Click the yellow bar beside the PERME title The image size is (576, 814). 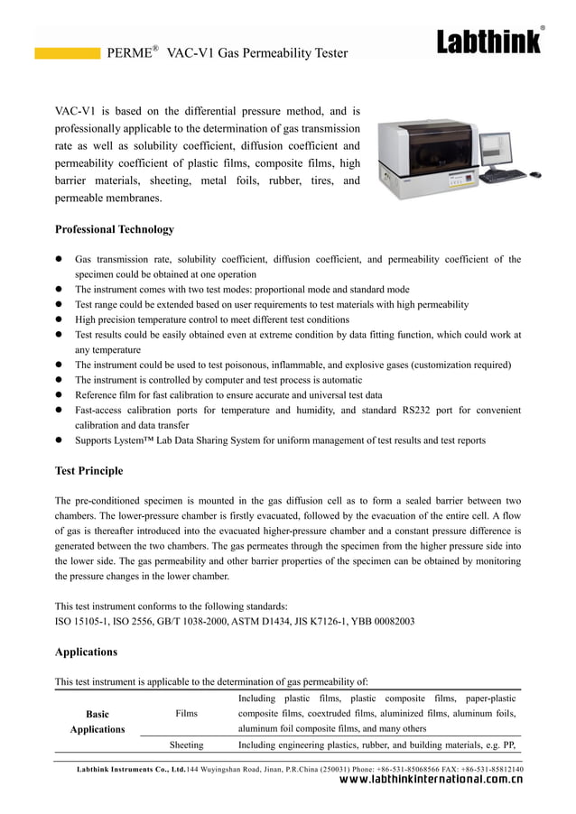pos(67,53)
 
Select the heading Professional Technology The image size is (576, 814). pos(115,229)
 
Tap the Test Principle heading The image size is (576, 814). pos(88,470)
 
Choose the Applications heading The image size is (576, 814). pos(86,651)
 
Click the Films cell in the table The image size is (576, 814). pos(186,714)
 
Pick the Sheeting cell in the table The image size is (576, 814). pos(186,745)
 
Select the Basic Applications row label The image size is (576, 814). pos(97,721)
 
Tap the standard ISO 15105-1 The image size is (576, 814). pos(83,621)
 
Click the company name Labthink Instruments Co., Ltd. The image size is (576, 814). pos(132,769)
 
